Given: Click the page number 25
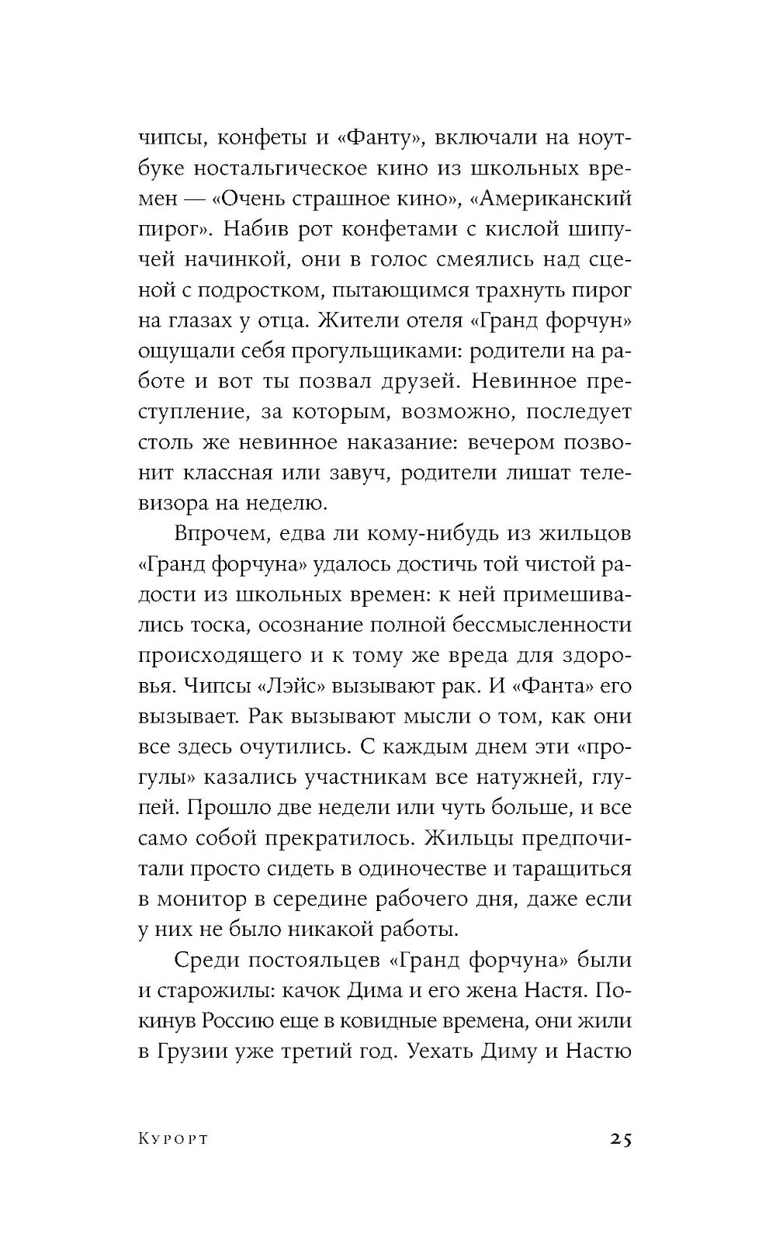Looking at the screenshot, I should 620,1139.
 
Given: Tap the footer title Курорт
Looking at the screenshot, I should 175,1139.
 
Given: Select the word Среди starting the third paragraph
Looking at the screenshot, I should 203,961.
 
